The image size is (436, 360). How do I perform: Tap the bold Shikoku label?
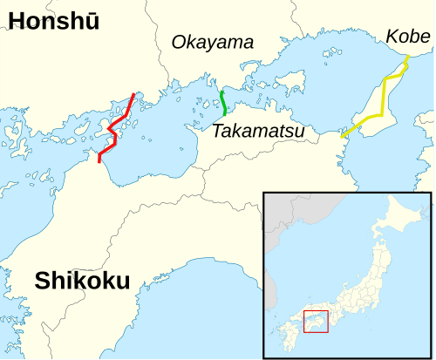click(x=82, y=281)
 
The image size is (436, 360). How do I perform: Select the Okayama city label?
click(x=212, y=42)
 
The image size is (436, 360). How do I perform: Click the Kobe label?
click(x=408, y=37)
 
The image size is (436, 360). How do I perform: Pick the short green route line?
click(x=224, y=104)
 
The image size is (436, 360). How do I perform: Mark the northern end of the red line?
click(x=133, y=94)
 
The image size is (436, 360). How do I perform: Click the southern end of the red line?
click(x=99, y=161)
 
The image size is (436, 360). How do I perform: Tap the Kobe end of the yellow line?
click(x=407, y=60)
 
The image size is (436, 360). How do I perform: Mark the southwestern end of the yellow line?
click(x=342, y=137)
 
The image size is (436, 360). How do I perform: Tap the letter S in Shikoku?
click(x=43, y=281)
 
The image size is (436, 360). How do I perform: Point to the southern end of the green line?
click(x=226, y=115)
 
